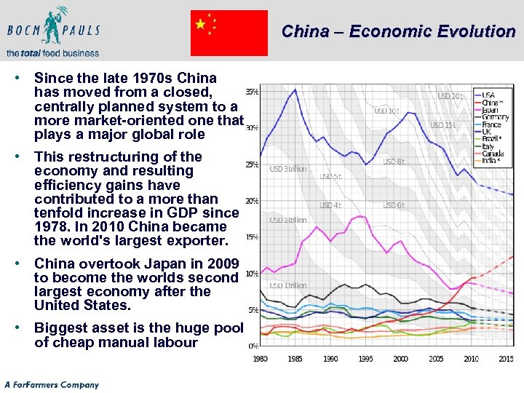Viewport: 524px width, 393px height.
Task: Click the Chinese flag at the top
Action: [229, 33]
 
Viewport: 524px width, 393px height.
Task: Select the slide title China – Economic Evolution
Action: [398, 31]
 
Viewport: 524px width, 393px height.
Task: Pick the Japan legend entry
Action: [491, 110]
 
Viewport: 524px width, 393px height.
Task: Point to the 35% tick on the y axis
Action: [251, 92]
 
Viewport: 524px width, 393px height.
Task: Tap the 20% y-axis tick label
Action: [251, 201]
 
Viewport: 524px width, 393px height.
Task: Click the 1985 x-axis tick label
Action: [295, 359]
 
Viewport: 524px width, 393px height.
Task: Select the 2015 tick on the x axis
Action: [506, 359]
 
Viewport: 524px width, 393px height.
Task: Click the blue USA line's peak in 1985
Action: [295, 90]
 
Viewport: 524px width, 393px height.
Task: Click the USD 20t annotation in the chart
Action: [450, 96]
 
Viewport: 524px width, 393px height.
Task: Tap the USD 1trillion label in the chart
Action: [288, 285]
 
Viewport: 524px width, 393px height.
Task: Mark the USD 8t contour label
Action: [394, 162]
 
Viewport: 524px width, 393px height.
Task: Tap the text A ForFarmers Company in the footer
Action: [52, 384]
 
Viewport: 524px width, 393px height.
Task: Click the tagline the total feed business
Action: [52, 53]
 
